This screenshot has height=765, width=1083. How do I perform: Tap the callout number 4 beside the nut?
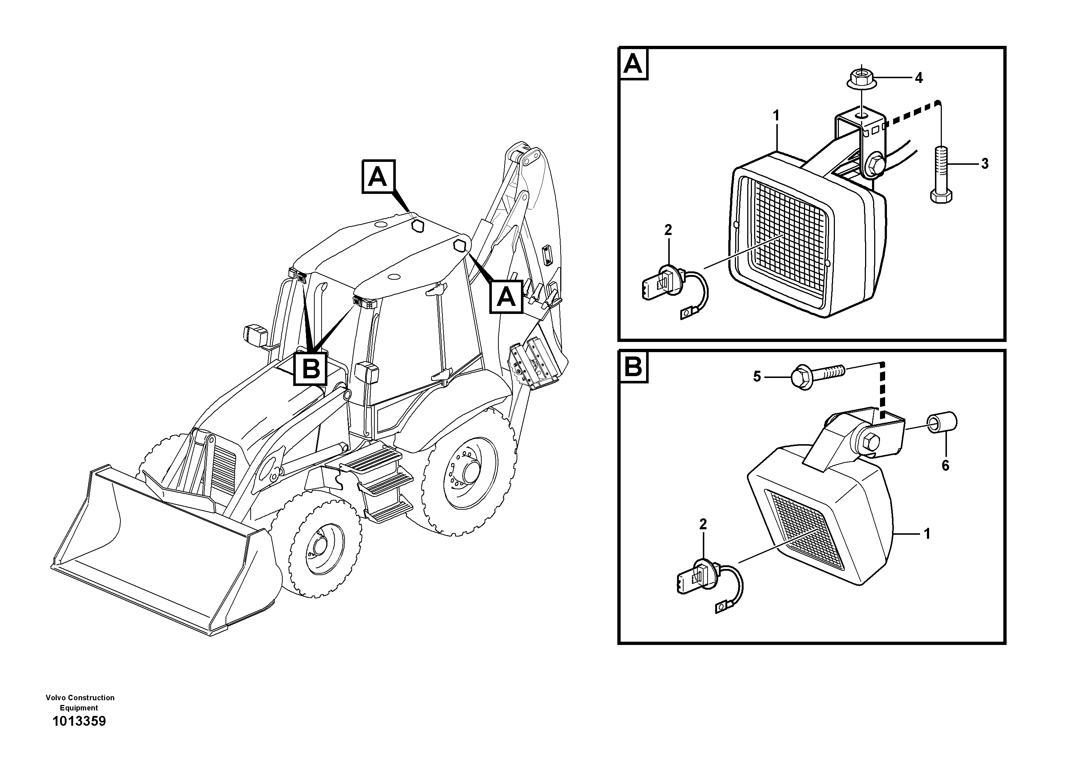tap(918, 78)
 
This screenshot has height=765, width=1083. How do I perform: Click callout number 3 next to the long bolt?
tap(985, 164)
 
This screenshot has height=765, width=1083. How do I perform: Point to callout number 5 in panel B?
tap(757, 376)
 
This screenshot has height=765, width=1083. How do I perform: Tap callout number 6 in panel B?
tap(945, 466)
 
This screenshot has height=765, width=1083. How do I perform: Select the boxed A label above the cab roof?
tap(378, 177)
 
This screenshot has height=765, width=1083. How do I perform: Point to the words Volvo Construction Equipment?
tap(80, 702)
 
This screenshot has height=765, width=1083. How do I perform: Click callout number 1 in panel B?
tap(927, 534)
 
